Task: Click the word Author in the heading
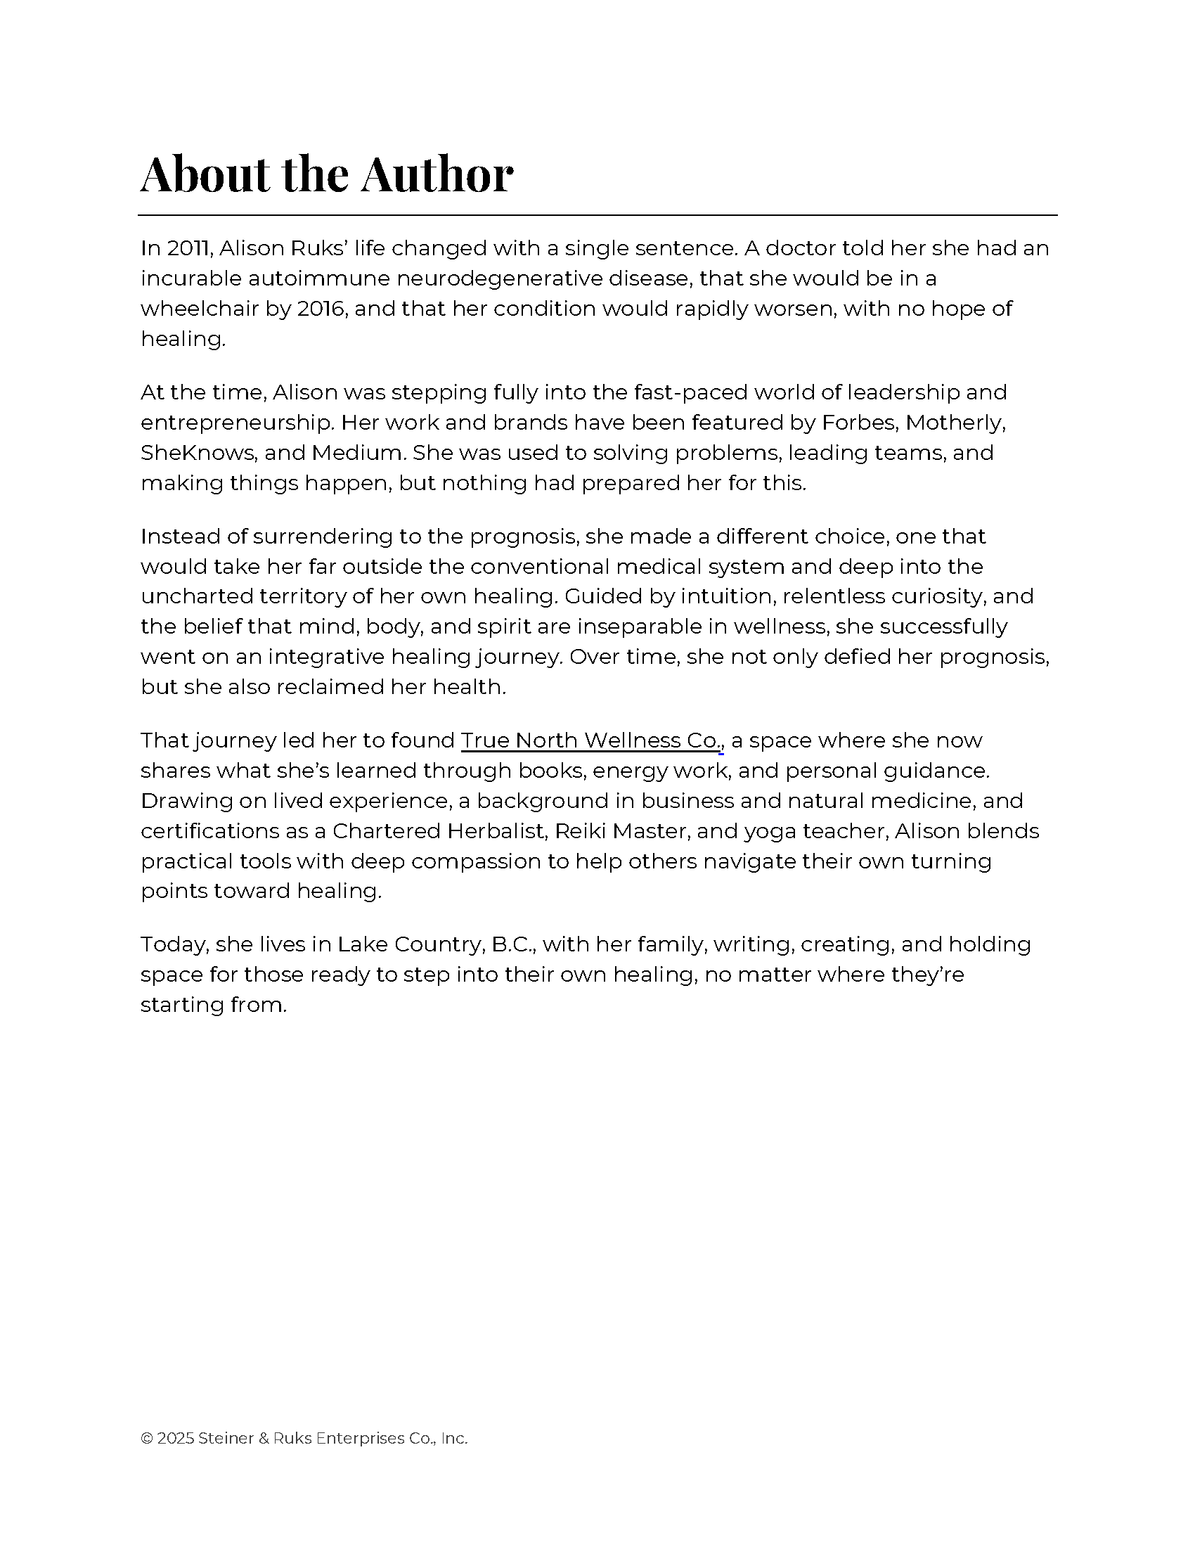[436, 174]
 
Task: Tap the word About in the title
[205, 174]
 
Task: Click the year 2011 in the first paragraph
[190, 249]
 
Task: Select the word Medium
[357, 453]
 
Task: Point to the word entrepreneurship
[236, 423]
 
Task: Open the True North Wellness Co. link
[590, 740]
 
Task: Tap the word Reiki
[576, 831]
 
